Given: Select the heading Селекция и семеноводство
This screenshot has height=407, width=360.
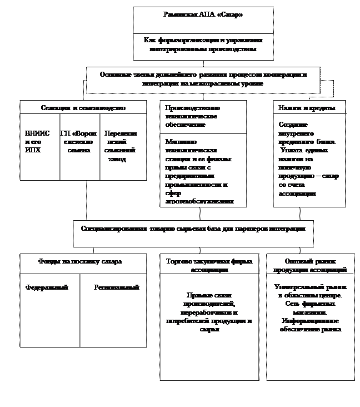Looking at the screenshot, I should click(x=83, y=107).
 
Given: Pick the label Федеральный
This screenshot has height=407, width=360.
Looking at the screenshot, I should click(x=47, y=287).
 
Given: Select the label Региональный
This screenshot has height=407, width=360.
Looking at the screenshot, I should click(x=116, y=287).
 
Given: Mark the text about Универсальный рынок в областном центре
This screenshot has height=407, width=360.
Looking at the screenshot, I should click(x=311, y=291).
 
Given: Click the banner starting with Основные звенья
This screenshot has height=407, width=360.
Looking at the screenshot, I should click(x=203, y=79).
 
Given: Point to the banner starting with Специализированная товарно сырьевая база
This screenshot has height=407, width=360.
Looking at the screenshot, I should click(x=193, y=229).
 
